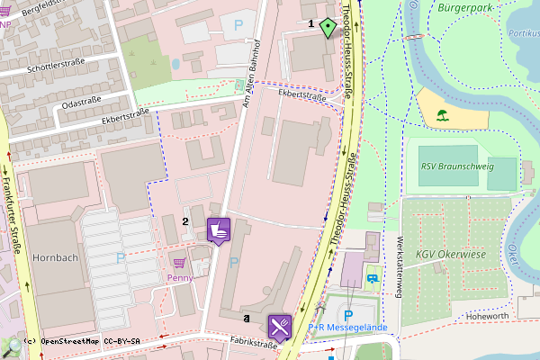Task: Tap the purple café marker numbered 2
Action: [219, 230]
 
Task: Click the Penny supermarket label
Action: [180, 278]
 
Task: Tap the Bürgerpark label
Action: [465, 8]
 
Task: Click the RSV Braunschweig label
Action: [457, 166]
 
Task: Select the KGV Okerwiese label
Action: [451, 255]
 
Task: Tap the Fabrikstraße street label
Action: [251, 344]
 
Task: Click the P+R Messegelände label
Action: [348, 328]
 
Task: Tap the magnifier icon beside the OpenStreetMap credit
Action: [13, 345]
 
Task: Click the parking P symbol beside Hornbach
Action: [120, 258]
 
